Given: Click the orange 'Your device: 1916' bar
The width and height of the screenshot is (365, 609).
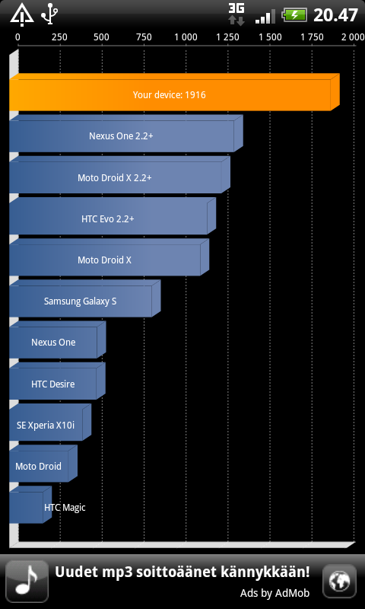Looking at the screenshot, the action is coord(174,92).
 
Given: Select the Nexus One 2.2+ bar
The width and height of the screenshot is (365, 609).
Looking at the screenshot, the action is coord(126,133).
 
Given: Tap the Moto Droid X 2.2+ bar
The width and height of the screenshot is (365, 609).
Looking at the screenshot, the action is coord(119,175).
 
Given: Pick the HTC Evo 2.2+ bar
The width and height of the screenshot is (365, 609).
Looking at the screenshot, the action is coord(113,216).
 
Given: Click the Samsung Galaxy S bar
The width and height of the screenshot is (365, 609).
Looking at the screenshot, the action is coord(85,298).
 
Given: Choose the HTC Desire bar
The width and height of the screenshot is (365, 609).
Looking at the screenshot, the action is coord(57,381).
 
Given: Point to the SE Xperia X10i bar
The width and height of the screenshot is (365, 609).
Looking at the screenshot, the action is coord(50,422).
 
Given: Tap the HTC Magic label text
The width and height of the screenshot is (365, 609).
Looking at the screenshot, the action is coord(65,507).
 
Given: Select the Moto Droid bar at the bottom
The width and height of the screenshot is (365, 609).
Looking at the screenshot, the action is coord(43,464).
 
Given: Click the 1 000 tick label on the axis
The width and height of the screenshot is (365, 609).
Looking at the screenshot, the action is coord(186,37).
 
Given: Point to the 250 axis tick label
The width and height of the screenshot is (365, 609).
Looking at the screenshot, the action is coord(60,37).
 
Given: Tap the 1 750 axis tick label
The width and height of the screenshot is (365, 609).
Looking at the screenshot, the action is coord(313,37).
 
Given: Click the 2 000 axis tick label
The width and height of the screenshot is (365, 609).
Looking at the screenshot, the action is coord(353,37).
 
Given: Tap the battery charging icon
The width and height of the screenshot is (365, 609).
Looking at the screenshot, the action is coord(295,15).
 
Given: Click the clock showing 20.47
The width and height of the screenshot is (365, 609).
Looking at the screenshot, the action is coord(335,15).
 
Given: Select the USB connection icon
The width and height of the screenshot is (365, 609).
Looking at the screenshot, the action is coord(50,14).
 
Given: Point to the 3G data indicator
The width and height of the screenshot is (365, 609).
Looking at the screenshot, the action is coord(236,14).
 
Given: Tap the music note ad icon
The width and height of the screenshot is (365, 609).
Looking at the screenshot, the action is coord(27,582).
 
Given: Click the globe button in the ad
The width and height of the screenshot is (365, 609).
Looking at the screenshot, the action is coord(339,581).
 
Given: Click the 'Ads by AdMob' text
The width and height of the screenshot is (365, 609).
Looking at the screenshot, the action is coord(275,593).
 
